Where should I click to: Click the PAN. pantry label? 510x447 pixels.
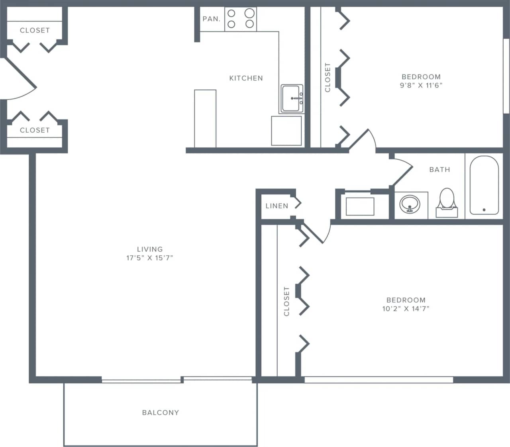pos(211,19)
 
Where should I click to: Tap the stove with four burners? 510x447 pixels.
pos(241,19)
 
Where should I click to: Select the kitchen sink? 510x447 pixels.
pos(292,98)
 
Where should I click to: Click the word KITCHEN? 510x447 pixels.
pos(246,78)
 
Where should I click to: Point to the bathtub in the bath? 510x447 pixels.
pos(484,185)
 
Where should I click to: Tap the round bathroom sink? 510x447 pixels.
pos(410,204)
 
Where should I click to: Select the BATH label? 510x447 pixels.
pos(439,169)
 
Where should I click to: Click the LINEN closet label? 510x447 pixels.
pos(277,206)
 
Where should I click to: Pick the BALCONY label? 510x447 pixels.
pos(160,412)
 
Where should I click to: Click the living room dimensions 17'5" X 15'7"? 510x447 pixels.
pos(150,258)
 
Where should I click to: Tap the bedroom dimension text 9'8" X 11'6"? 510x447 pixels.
pos(421,85)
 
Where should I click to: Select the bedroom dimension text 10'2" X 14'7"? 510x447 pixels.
pos(406,308)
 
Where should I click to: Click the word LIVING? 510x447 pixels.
pos(150,249)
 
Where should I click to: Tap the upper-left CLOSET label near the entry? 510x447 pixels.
pos(35,30)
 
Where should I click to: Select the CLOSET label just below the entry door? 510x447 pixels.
pos(35,130)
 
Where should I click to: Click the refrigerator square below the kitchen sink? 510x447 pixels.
pos(286,131)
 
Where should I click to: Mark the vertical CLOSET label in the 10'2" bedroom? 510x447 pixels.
pos(286,301)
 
